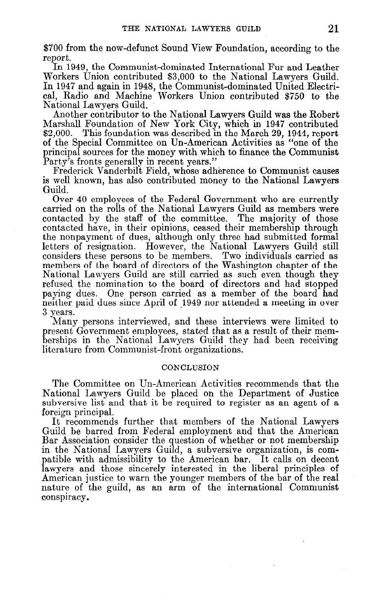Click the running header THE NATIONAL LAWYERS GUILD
[x=191, y=29]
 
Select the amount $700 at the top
[x=51, y=49]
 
